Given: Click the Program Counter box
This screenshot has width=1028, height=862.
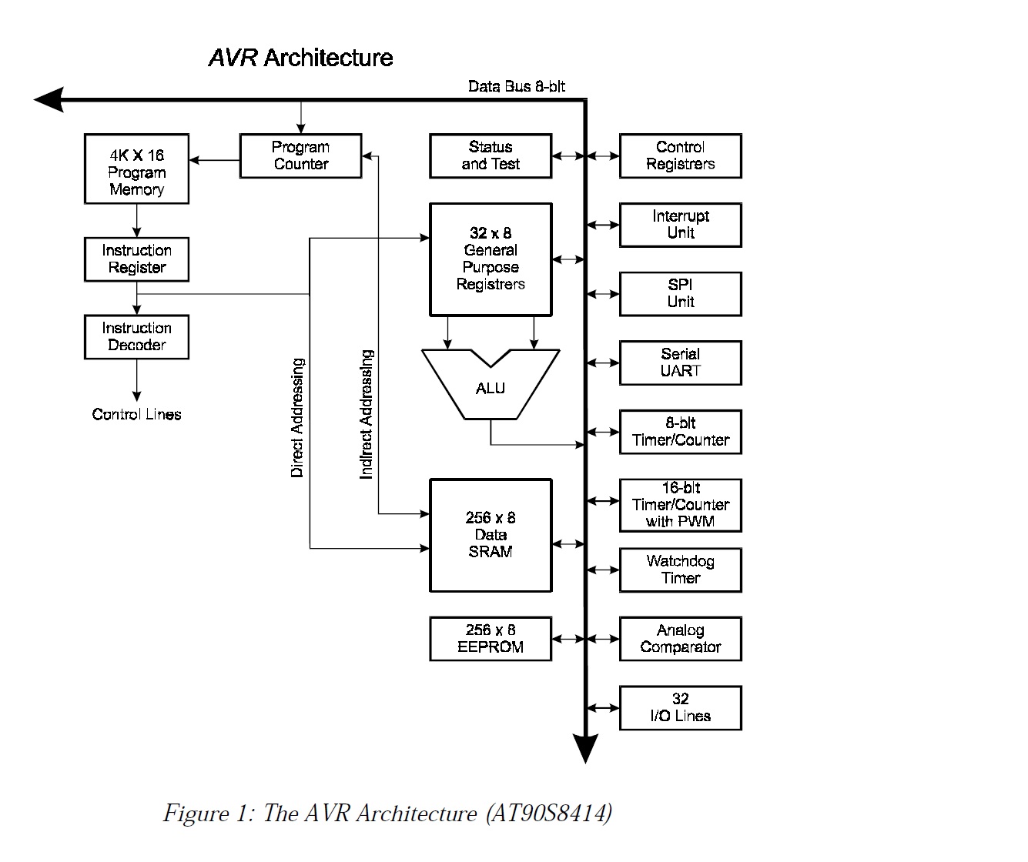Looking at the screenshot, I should click(300, 156).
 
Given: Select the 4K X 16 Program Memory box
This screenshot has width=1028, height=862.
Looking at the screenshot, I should click(136, 169).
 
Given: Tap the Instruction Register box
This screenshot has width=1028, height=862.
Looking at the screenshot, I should click(136, 259).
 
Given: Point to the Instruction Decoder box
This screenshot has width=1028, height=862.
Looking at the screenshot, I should click(136, 337).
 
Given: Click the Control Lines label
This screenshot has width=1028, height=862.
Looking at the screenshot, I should click(136, 414).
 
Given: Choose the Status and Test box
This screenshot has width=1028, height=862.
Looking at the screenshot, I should click(491, 156).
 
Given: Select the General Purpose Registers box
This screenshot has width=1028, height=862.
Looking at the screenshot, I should click(491, 259).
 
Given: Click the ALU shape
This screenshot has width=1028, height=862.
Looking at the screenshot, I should click(491, 387).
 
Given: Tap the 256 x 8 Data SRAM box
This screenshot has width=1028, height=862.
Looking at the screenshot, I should click(491, 535).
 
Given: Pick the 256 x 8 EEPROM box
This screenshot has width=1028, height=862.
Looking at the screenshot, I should click(491, 639).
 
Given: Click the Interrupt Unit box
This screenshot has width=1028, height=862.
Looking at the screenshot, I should click(681, 225).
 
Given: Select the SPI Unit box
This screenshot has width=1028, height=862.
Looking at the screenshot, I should click(681, 294).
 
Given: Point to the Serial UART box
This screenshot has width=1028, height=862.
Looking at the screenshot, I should click(681, 363).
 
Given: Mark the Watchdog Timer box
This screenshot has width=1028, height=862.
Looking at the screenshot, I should click(681, 570).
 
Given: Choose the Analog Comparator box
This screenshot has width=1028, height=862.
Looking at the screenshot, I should click(681, 639).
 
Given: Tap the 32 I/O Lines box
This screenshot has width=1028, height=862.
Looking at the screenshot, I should click(681, 708).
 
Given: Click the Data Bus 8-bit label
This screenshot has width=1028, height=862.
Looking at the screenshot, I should click(517, 86).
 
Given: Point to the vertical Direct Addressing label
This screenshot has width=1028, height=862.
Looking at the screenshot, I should click(297, 418).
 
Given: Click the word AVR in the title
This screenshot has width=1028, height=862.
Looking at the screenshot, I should click(233, 58).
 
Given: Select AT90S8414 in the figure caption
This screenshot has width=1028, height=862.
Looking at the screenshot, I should click(549, 814).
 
